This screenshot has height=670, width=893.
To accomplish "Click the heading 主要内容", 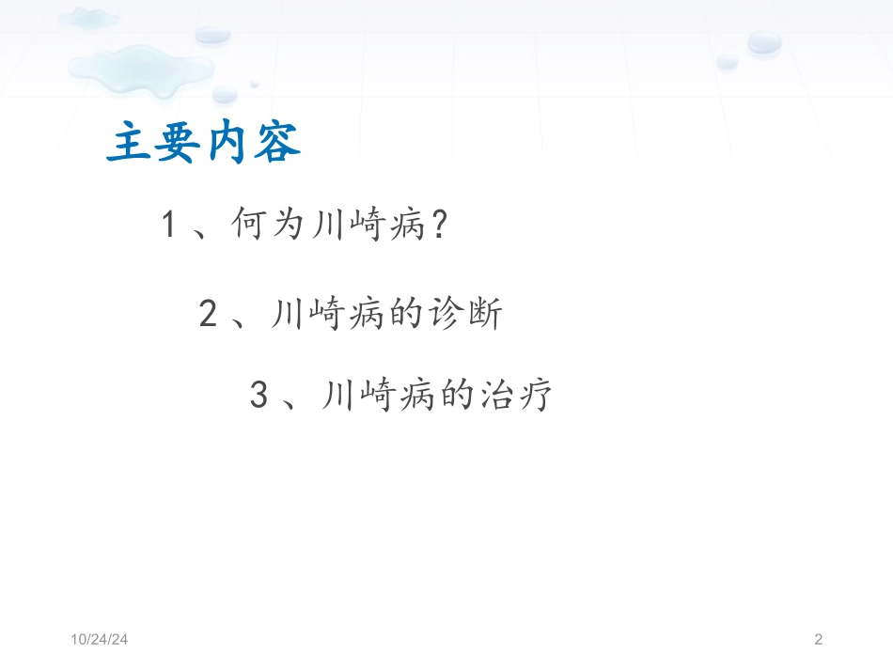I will (204, 143).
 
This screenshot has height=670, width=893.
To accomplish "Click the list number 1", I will (169, 226).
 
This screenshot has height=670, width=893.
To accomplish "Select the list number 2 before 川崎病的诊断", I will (209, 314).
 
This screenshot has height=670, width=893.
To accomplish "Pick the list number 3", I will (259, 396).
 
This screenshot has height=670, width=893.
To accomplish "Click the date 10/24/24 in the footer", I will (100, 640).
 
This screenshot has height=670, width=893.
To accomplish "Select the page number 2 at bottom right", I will (818, 640).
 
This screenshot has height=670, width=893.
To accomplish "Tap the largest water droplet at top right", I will (764, 42).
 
